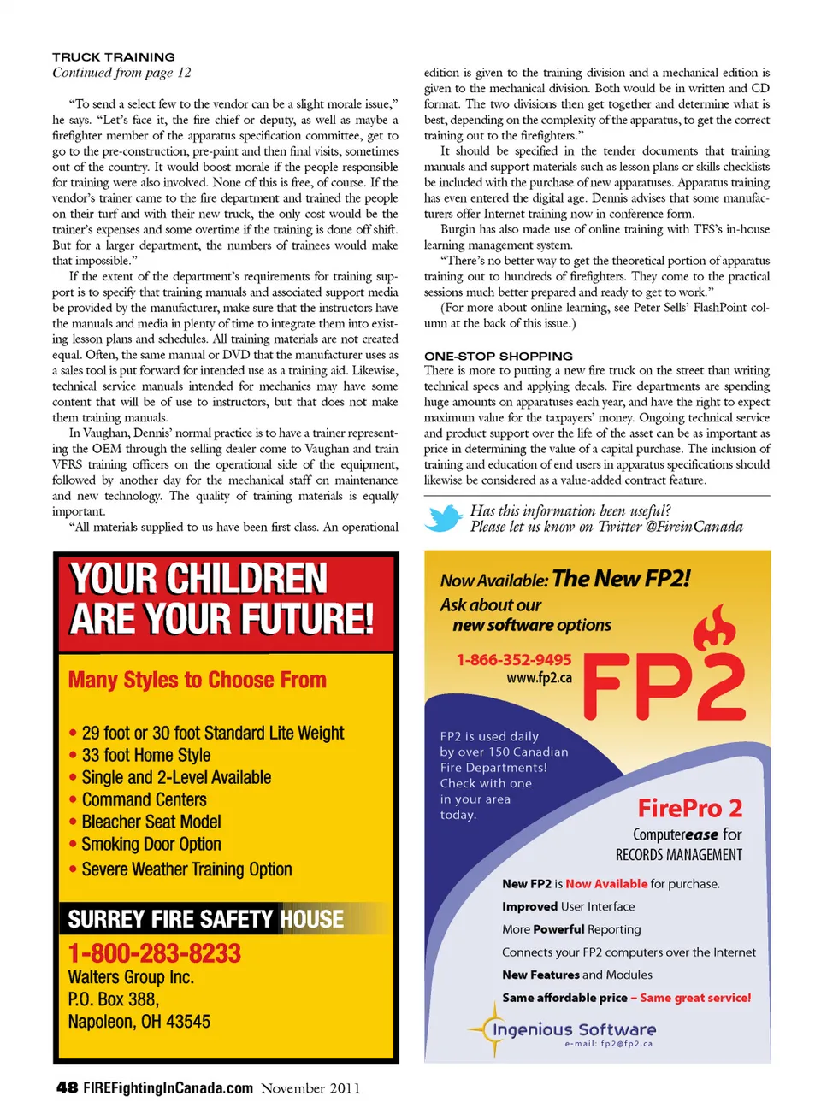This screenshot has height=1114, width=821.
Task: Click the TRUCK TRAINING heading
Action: point(114,57)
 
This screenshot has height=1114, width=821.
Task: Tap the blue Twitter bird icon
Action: point(444,518)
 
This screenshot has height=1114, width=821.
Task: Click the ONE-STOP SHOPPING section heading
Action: point(499,356)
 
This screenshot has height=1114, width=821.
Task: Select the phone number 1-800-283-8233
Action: point(155,953)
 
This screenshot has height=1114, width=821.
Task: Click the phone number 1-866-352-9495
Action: point(514,660)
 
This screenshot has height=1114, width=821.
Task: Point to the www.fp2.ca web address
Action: point(539,678)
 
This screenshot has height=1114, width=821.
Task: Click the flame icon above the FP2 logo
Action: point(714,628)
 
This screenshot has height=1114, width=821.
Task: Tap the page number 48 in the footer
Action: point(67,1087)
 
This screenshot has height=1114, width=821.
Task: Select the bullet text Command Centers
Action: point(145,800)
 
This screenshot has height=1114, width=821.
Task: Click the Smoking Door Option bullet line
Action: point(151,845)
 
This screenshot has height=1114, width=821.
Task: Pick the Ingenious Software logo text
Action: point(574,1029)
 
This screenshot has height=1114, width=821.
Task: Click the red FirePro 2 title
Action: point(689,808)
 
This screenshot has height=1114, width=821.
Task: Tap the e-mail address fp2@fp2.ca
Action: point(609,1044)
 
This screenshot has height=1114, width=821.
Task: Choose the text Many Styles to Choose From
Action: point(198,681)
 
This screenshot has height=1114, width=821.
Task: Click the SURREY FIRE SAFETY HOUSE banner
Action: point(206,919)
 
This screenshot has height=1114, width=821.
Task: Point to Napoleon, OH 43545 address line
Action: point(139,1022)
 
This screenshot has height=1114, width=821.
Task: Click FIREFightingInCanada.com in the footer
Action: point(168,1087)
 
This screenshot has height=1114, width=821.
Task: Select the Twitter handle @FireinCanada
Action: point(694,527)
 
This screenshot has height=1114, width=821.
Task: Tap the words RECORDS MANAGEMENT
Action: point(679,855)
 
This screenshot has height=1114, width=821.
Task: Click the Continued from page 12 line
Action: point(121,73)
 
